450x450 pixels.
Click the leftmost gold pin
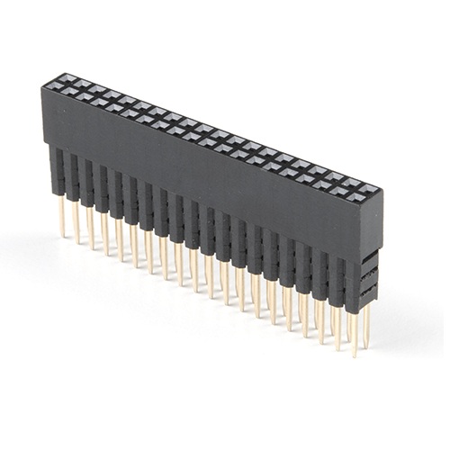pos(62,216)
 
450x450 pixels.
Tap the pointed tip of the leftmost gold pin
pos(63,236)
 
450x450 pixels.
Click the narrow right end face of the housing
pos(372,225)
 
